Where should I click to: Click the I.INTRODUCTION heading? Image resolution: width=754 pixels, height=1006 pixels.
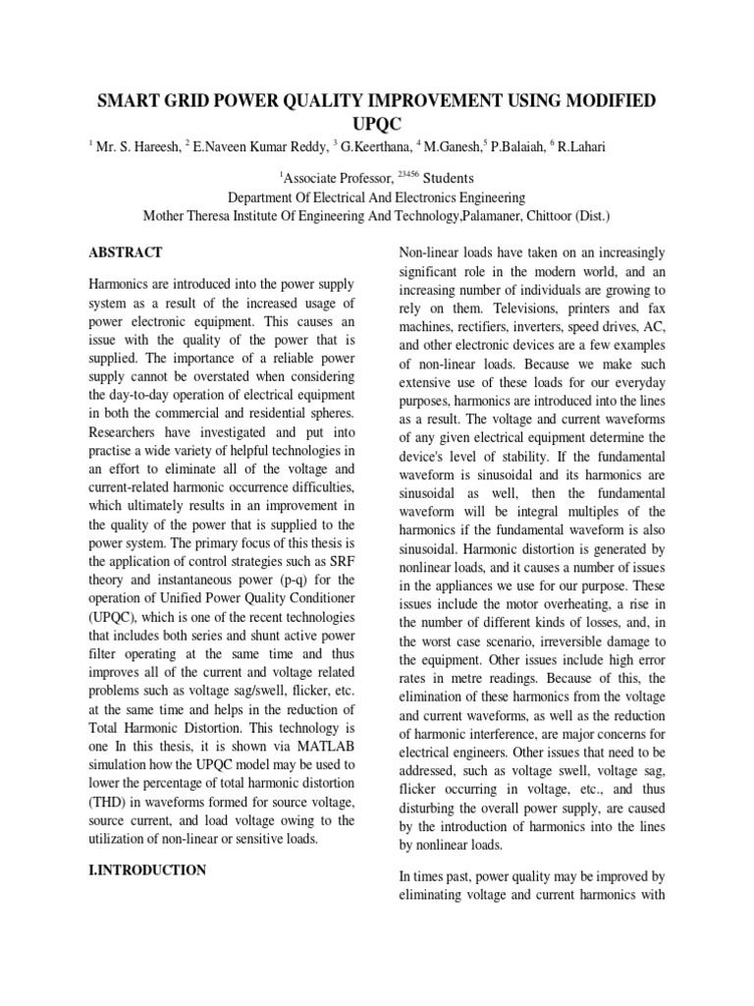(x=146, y=869)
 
